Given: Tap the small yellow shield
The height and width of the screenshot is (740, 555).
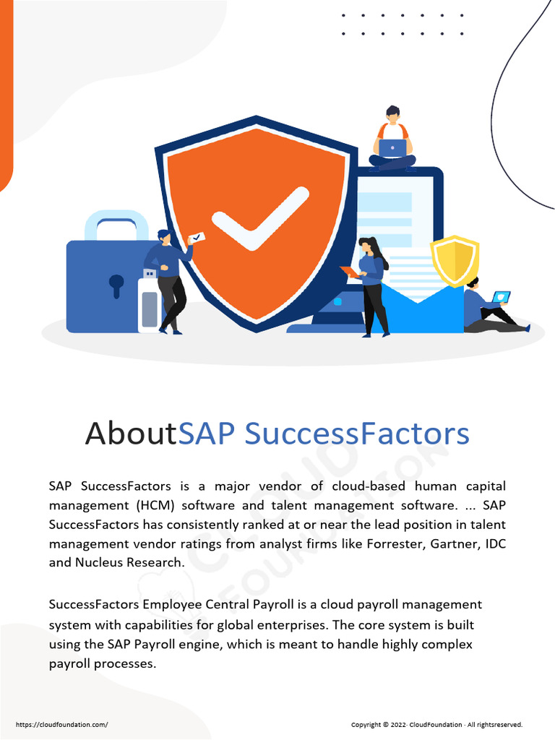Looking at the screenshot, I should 455,260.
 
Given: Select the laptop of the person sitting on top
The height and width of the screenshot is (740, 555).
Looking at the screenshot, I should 392,148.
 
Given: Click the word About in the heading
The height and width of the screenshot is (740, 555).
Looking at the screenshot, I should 131,434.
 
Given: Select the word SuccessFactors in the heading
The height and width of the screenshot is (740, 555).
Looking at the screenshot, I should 357,434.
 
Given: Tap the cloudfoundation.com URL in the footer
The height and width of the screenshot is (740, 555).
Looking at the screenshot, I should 61,724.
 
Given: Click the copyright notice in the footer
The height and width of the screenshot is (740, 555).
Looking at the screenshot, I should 436,724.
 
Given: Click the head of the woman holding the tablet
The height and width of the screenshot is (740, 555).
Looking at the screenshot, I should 367,246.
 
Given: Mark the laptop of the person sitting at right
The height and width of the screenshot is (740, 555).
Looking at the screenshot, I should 501,297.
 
